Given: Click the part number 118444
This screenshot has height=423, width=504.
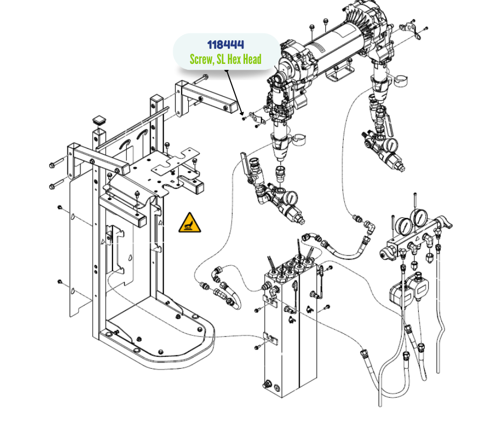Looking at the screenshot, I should pyautogui.click(x=226, y=45).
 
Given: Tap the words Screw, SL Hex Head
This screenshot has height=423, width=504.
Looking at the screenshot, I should pyautogui.click(x=226, y=59).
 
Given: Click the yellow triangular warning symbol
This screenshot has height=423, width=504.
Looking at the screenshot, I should pyautogui.click(x=190, y=223).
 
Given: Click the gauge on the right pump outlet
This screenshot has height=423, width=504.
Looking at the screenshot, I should pyautogui.click(x=391, y=145).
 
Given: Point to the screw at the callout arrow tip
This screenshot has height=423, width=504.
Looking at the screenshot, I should pyautogui.click(x=243, y=119).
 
